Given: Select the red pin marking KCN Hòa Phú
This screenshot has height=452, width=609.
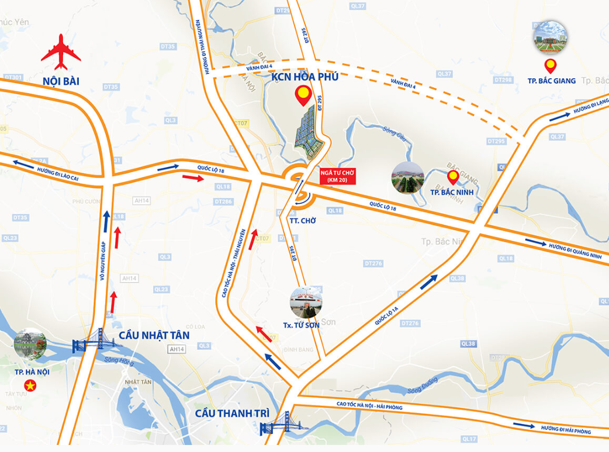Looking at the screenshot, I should pyautogui.click(x=303, y=95).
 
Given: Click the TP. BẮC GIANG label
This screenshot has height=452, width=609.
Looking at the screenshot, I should pyautogui.click(x=551, y=81).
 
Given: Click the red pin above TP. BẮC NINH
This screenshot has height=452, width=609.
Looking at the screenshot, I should pyautogui.click(x=452, y=177).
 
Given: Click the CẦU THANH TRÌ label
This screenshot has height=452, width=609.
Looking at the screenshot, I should pyautogui.click(x=232, y=413).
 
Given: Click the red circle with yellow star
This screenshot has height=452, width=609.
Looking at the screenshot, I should pyautogui.click(x=27, y=385).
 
